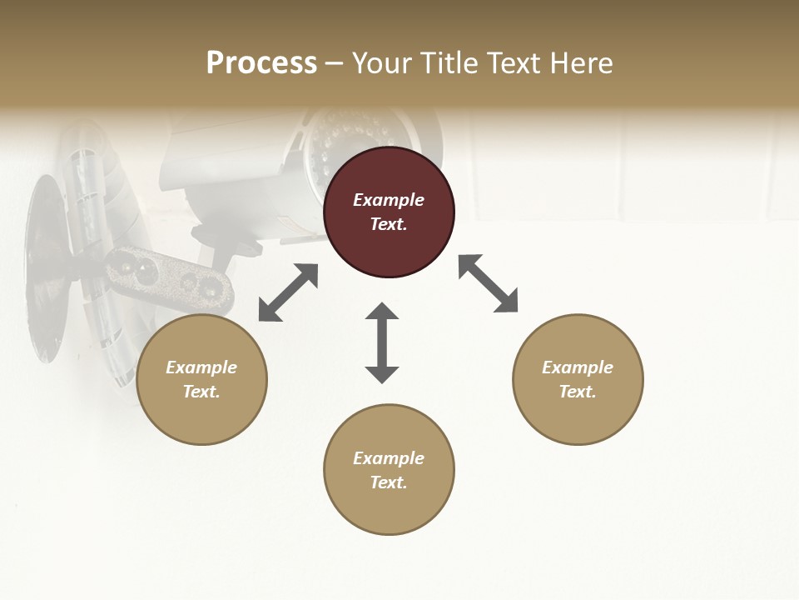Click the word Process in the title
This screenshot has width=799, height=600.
click(261, 63)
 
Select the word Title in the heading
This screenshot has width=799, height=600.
click(448, 63)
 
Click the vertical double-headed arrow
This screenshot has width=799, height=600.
click(382, 342)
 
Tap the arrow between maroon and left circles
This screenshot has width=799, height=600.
click(288, 292)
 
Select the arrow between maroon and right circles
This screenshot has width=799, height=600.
click(488, 283)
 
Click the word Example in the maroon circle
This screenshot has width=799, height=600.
click(389, 200)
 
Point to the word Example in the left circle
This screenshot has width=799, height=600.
click(201, 367)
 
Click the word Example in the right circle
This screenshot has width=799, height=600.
click(578, 367)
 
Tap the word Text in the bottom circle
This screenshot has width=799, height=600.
click(389, 482)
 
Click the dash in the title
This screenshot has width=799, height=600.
click(334, 63)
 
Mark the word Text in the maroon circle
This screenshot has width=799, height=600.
click(389, 224)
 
